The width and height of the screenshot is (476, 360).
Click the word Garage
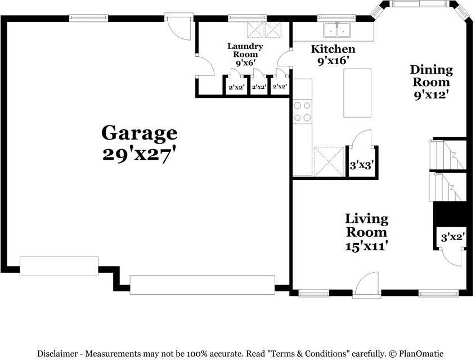click(139, 133)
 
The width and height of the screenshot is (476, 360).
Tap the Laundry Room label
click(245, 50)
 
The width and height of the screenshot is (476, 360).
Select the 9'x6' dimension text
click(245, 63)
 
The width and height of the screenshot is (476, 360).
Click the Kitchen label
click(333, 49)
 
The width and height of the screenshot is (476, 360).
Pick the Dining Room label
click(431, 76)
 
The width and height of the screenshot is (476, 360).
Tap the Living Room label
click(366, 225)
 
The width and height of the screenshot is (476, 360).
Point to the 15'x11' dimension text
click(366, 245)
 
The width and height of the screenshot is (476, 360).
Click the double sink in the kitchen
click(336, 29)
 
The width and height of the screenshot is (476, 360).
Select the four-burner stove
click(302, 111)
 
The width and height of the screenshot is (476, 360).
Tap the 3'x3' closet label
click(362, 165)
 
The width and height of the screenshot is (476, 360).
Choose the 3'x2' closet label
click(451, 237)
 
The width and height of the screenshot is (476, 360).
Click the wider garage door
click(202, 285)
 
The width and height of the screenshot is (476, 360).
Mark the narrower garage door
click(59, 266)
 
